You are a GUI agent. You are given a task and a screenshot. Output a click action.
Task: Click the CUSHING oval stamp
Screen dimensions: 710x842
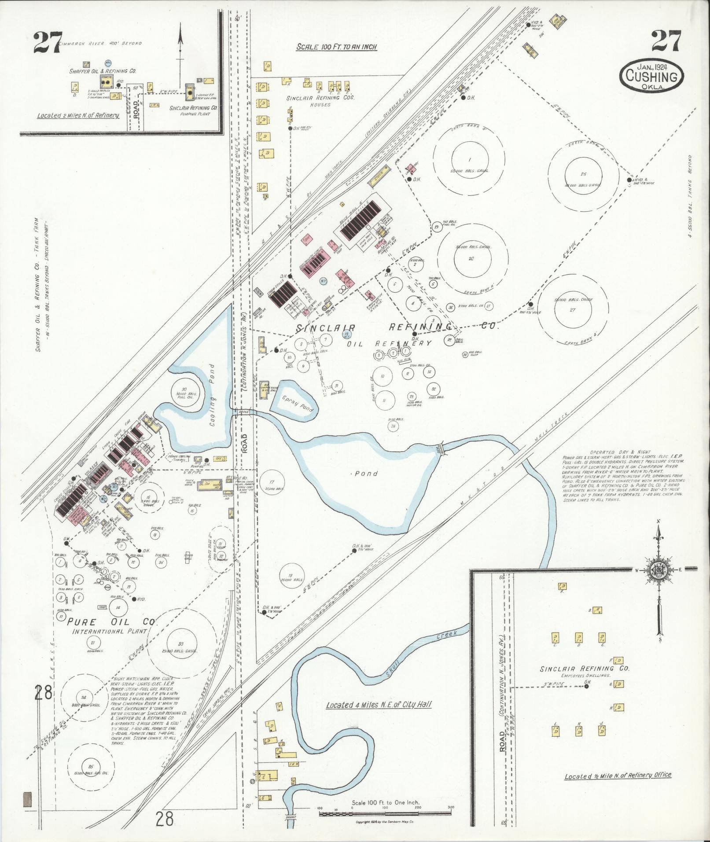[652, 75]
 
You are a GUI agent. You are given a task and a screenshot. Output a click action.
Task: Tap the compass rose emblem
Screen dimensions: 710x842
[659, 569]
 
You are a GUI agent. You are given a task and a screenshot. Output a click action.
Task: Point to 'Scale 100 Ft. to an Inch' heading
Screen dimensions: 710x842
[337, 46]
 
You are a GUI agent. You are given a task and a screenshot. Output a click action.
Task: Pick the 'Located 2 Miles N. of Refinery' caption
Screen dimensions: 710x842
[78, 115]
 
